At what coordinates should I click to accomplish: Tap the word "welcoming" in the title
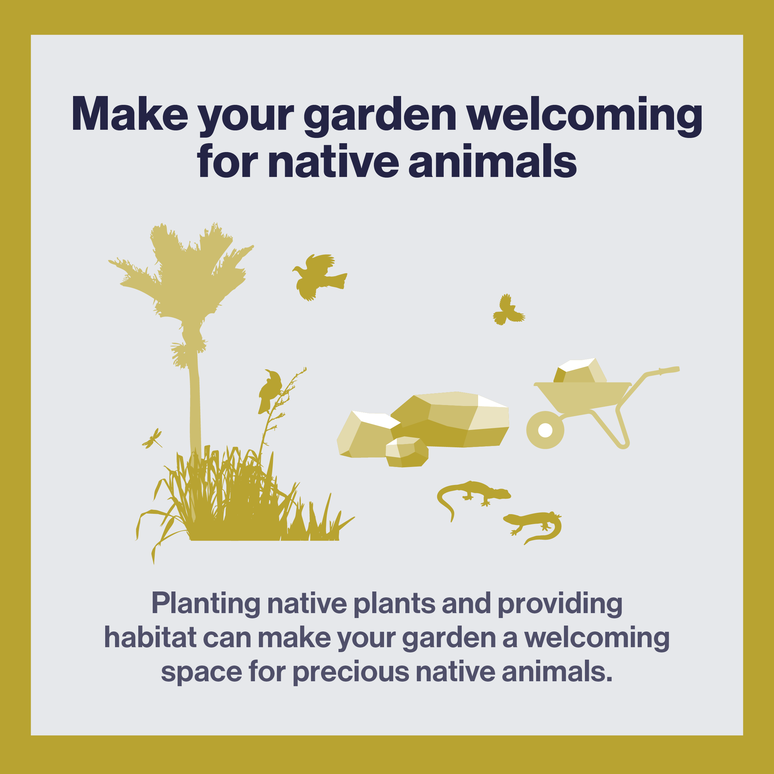[x=585, y=117]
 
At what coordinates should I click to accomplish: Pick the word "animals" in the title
[x=493, y=160]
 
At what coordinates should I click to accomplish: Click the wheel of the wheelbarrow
[x=545, y=430]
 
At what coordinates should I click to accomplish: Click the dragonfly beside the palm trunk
[x=152, y=439]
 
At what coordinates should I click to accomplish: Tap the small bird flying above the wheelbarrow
[x=508, y=310]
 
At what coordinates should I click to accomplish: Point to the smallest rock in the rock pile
[x=407, y=452]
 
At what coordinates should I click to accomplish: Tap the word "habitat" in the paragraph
[x=150, y=637]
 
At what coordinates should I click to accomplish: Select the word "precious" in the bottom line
[x=351, y=672]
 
